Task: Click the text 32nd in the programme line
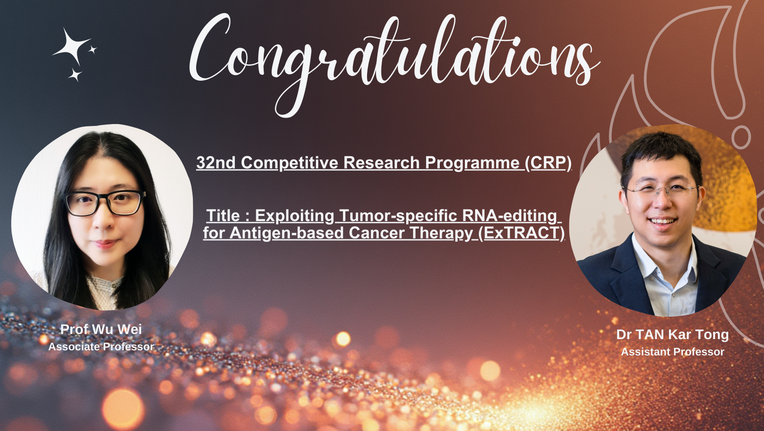(216, 163)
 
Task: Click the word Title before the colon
(223, 215)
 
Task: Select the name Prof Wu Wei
(101, 329)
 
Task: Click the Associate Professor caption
(101, 347)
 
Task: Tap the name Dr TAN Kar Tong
(673, 335)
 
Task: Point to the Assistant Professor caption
(673, 352)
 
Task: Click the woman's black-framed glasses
(105, 203)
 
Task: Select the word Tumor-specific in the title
(398, 216)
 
